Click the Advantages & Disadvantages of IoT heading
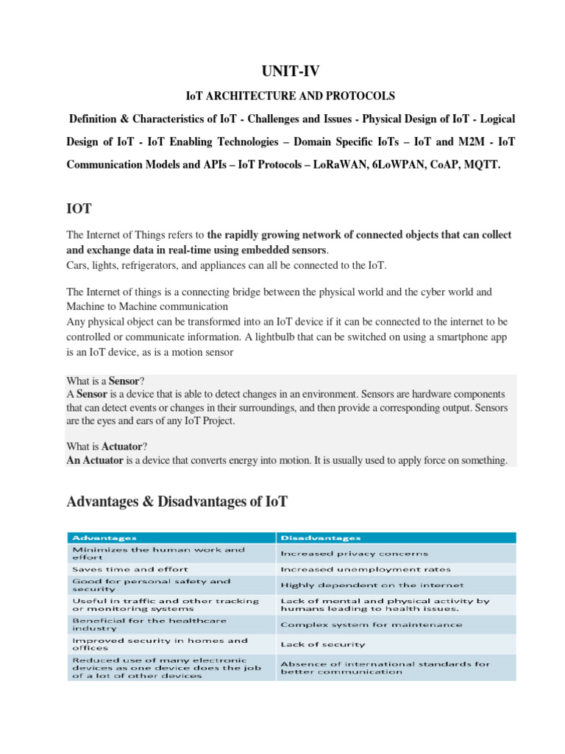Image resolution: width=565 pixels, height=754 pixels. point(177,501)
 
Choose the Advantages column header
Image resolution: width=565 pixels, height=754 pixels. point(103,538)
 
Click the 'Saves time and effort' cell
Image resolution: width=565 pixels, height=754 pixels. point(129,569)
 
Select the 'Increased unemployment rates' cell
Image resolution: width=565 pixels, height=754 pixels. point(366,569)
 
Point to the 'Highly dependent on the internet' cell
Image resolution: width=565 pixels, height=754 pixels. point(372,585)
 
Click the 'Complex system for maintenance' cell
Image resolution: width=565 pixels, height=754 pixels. point(372,624)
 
